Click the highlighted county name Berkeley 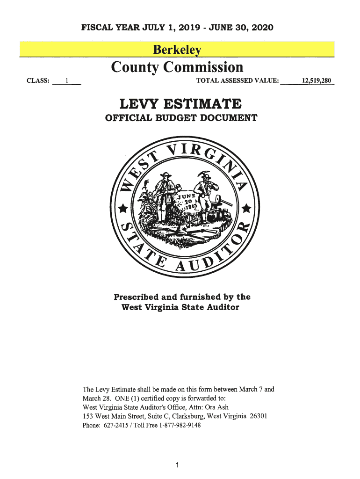coord(177,50)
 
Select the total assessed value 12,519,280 coord(317,81)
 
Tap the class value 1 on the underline coord(67,81)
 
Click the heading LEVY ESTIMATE coord(180,103)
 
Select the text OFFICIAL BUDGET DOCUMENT coord(180,118)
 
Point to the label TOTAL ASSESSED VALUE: coord(238,81)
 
